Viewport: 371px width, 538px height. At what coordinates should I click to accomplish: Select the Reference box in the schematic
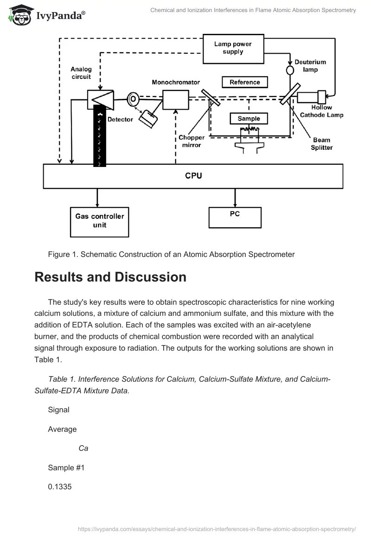[x=245, y=82]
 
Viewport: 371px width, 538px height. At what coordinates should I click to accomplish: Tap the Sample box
[x=249, y=119]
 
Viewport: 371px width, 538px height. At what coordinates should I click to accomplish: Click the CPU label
[x=193, y=176]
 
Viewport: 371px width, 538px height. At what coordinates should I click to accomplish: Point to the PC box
[x=235, y=214]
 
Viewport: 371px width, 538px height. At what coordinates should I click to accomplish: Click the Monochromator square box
[x=175, y=100]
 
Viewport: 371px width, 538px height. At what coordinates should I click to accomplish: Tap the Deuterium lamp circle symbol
[x=290, y=70]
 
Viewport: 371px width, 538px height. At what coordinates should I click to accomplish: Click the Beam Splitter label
[x=321, y=144]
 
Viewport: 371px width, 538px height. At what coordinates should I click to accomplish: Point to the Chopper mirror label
[x=191, y=141]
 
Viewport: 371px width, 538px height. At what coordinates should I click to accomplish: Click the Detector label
[x=120, y=119]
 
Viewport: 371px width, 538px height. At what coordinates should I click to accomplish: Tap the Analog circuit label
[x=81, y=73]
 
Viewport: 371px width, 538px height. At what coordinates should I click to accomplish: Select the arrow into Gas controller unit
[x=97, y=198]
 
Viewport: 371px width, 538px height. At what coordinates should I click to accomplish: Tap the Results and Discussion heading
[x=110, y=277]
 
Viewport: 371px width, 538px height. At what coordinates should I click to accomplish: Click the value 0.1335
[x=60, y=487]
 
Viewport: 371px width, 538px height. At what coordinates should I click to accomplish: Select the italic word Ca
[x=83, y=448]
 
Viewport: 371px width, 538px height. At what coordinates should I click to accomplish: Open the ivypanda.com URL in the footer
[x=217, y=528]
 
